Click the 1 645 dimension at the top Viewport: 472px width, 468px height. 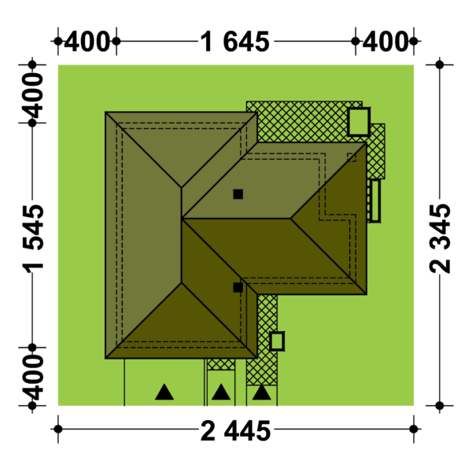point(234,42)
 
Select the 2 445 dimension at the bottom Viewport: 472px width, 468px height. point(236,431)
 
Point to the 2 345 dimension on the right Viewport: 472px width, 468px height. point(440,238)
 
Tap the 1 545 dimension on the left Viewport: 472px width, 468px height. point(33,238)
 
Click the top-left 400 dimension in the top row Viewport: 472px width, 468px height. point(87,42)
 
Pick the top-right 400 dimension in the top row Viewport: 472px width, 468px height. point(385,42)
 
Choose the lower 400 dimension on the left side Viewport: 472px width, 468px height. point(33,378)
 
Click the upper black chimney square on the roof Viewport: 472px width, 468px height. point(238,194)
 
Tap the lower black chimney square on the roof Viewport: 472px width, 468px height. point(238,287)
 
